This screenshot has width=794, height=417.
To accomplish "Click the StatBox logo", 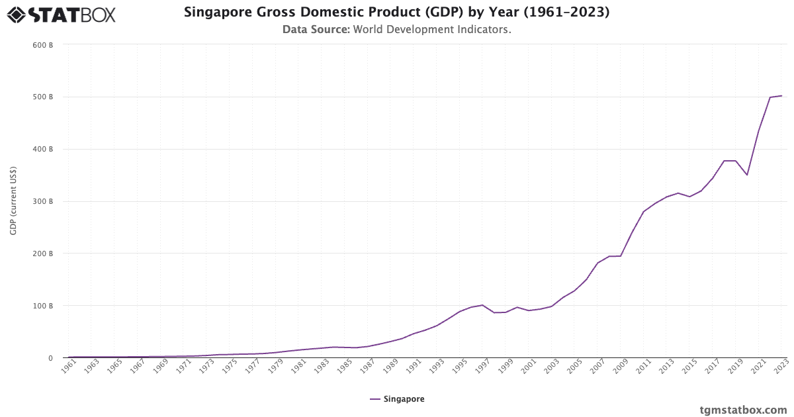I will (61, 14).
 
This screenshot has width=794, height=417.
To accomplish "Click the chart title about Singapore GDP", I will (396, 12).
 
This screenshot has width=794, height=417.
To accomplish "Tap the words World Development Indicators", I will (431, 30).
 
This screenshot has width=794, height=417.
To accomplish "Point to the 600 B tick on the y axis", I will (42, 45).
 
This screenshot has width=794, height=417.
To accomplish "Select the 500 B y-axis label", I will (42, 97).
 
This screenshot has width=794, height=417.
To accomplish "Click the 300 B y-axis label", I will (42, 201).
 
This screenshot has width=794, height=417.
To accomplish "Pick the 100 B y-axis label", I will (42, 306).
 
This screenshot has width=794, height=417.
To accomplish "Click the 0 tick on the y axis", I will (50, 358).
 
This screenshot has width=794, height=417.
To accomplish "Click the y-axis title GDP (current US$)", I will (13, 201).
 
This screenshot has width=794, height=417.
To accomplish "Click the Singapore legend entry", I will (397, 399).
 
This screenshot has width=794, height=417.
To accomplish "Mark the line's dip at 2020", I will (747, 175).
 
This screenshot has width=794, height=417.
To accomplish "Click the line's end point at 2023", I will (781, 96).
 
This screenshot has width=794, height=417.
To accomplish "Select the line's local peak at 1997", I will (482, 305).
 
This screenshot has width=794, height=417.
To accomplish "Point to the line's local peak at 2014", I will (678, 193).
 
